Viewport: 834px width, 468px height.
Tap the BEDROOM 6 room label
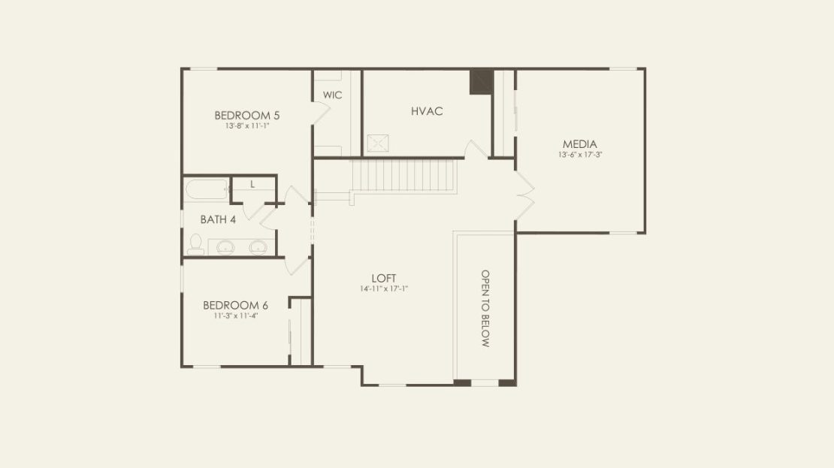(x=235, y=305)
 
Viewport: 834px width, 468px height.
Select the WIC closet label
(x=332, y=95)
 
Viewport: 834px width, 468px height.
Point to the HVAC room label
(x=427, y=111)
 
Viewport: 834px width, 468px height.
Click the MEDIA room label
(x=580, y=144)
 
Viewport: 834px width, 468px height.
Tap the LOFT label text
(x=383, y=278)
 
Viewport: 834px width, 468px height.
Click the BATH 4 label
(x=218, y=219)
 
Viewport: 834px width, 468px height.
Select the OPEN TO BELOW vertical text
(x=485, y=309)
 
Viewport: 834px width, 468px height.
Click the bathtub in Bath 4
(x=207, y=189)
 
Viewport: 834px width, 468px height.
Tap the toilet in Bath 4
(x=196, y=244)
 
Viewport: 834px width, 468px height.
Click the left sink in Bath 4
(x=225, y=247)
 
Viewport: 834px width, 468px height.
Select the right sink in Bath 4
(x=258, y=247)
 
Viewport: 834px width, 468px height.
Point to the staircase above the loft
(x=403, y=176)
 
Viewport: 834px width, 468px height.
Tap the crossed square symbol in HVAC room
(x=378, y=143)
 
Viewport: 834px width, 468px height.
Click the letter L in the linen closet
(x=252, y=185)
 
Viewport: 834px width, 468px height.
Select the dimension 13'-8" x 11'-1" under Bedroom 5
(x=247, y=126)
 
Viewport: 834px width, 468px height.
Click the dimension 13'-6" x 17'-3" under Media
(x=580, y=155)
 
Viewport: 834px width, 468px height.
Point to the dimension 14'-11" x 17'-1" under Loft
(x=383, y=288)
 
